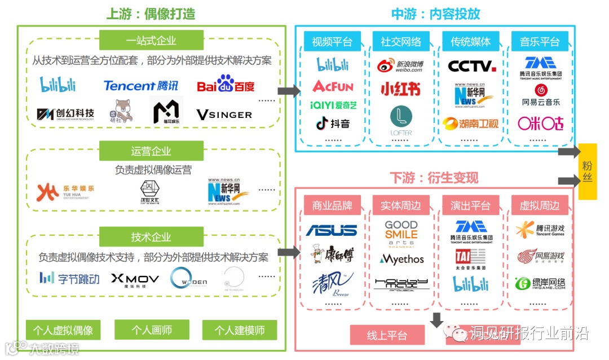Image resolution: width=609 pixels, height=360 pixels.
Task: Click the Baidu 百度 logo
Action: pyautogui.click(x=226, y=85)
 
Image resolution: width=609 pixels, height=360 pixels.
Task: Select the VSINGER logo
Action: pyautogui.click(x=224, y=115)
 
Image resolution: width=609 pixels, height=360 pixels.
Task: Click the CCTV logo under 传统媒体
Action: pyautogui.click(x=471, y=66)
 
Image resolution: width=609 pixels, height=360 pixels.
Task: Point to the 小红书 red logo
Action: pyautogui.click(x=400, y=89)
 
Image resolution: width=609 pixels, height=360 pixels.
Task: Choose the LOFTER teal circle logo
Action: pyautogui.click(x=401, y=120)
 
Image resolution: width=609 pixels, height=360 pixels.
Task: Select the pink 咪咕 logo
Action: pyautogui.click(x=540, y=122)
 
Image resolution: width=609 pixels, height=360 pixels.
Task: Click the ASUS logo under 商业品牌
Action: pyautogui.click(x=332, y=230)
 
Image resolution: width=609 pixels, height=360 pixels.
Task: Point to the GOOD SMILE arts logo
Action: pyautogui.click(x=401, y=234)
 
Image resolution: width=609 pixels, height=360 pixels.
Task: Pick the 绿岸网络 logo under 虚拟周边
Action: pyautogui.click(x=540, y=283)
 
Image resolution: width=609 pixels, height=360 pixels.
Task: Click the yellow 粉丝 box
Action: pyautogui.click(x=588, y=172)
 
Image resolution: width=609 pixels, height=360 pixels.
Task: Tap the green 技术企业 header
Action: pyautogui.click(x=151, y=237)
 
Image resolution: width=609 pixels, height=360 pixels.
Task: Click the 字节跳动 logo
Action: pyautogui.click(x=69, y=278)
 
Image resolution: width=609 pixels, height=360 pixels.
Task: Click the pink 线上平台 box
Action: pyautogui.click(x=387, y=335)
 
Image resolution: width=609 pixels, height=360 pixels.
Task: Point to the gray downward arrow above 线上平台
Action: pyautogui.click(x=436, y=320)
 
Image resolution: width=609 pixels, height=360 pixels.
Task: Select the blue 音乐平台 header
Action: pyautogui.click(x=540, y=42)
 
